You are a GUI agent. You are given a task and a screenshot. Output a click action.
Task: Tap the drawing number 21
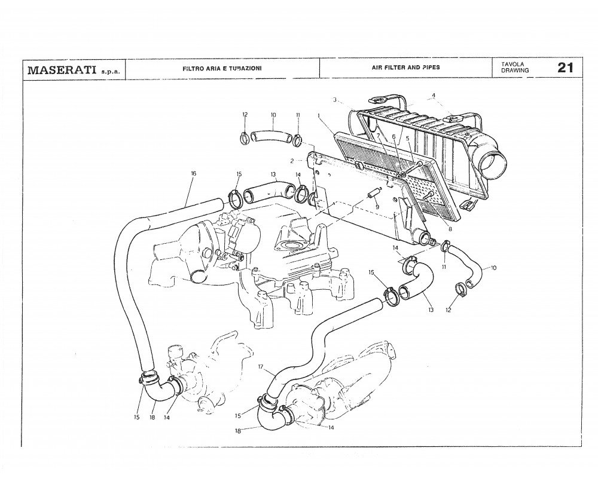pos(565,68)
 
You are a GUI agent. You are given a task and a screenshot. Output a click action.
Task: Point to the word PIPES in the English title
pos(431,68)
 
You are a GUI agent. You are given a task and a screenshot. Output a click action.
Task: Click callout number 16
pos(193,173)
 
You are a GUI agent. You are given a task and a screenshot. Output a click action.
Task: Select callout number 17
pos(261,368)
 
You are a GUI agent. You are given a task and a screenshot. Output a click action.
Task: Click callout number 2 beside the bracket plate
pos(291,161)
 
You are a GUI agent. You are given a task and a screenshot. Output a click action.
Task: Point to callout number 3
pos(335,99)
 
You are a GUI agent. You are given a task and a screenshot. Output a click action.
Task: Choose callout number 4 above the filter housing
pos(434,95)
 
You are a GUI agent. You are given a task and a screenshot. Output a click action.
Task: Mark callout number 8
pos(449,229)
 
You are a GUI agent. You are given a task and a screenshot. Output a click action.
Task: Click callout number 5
pos(407,137)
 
